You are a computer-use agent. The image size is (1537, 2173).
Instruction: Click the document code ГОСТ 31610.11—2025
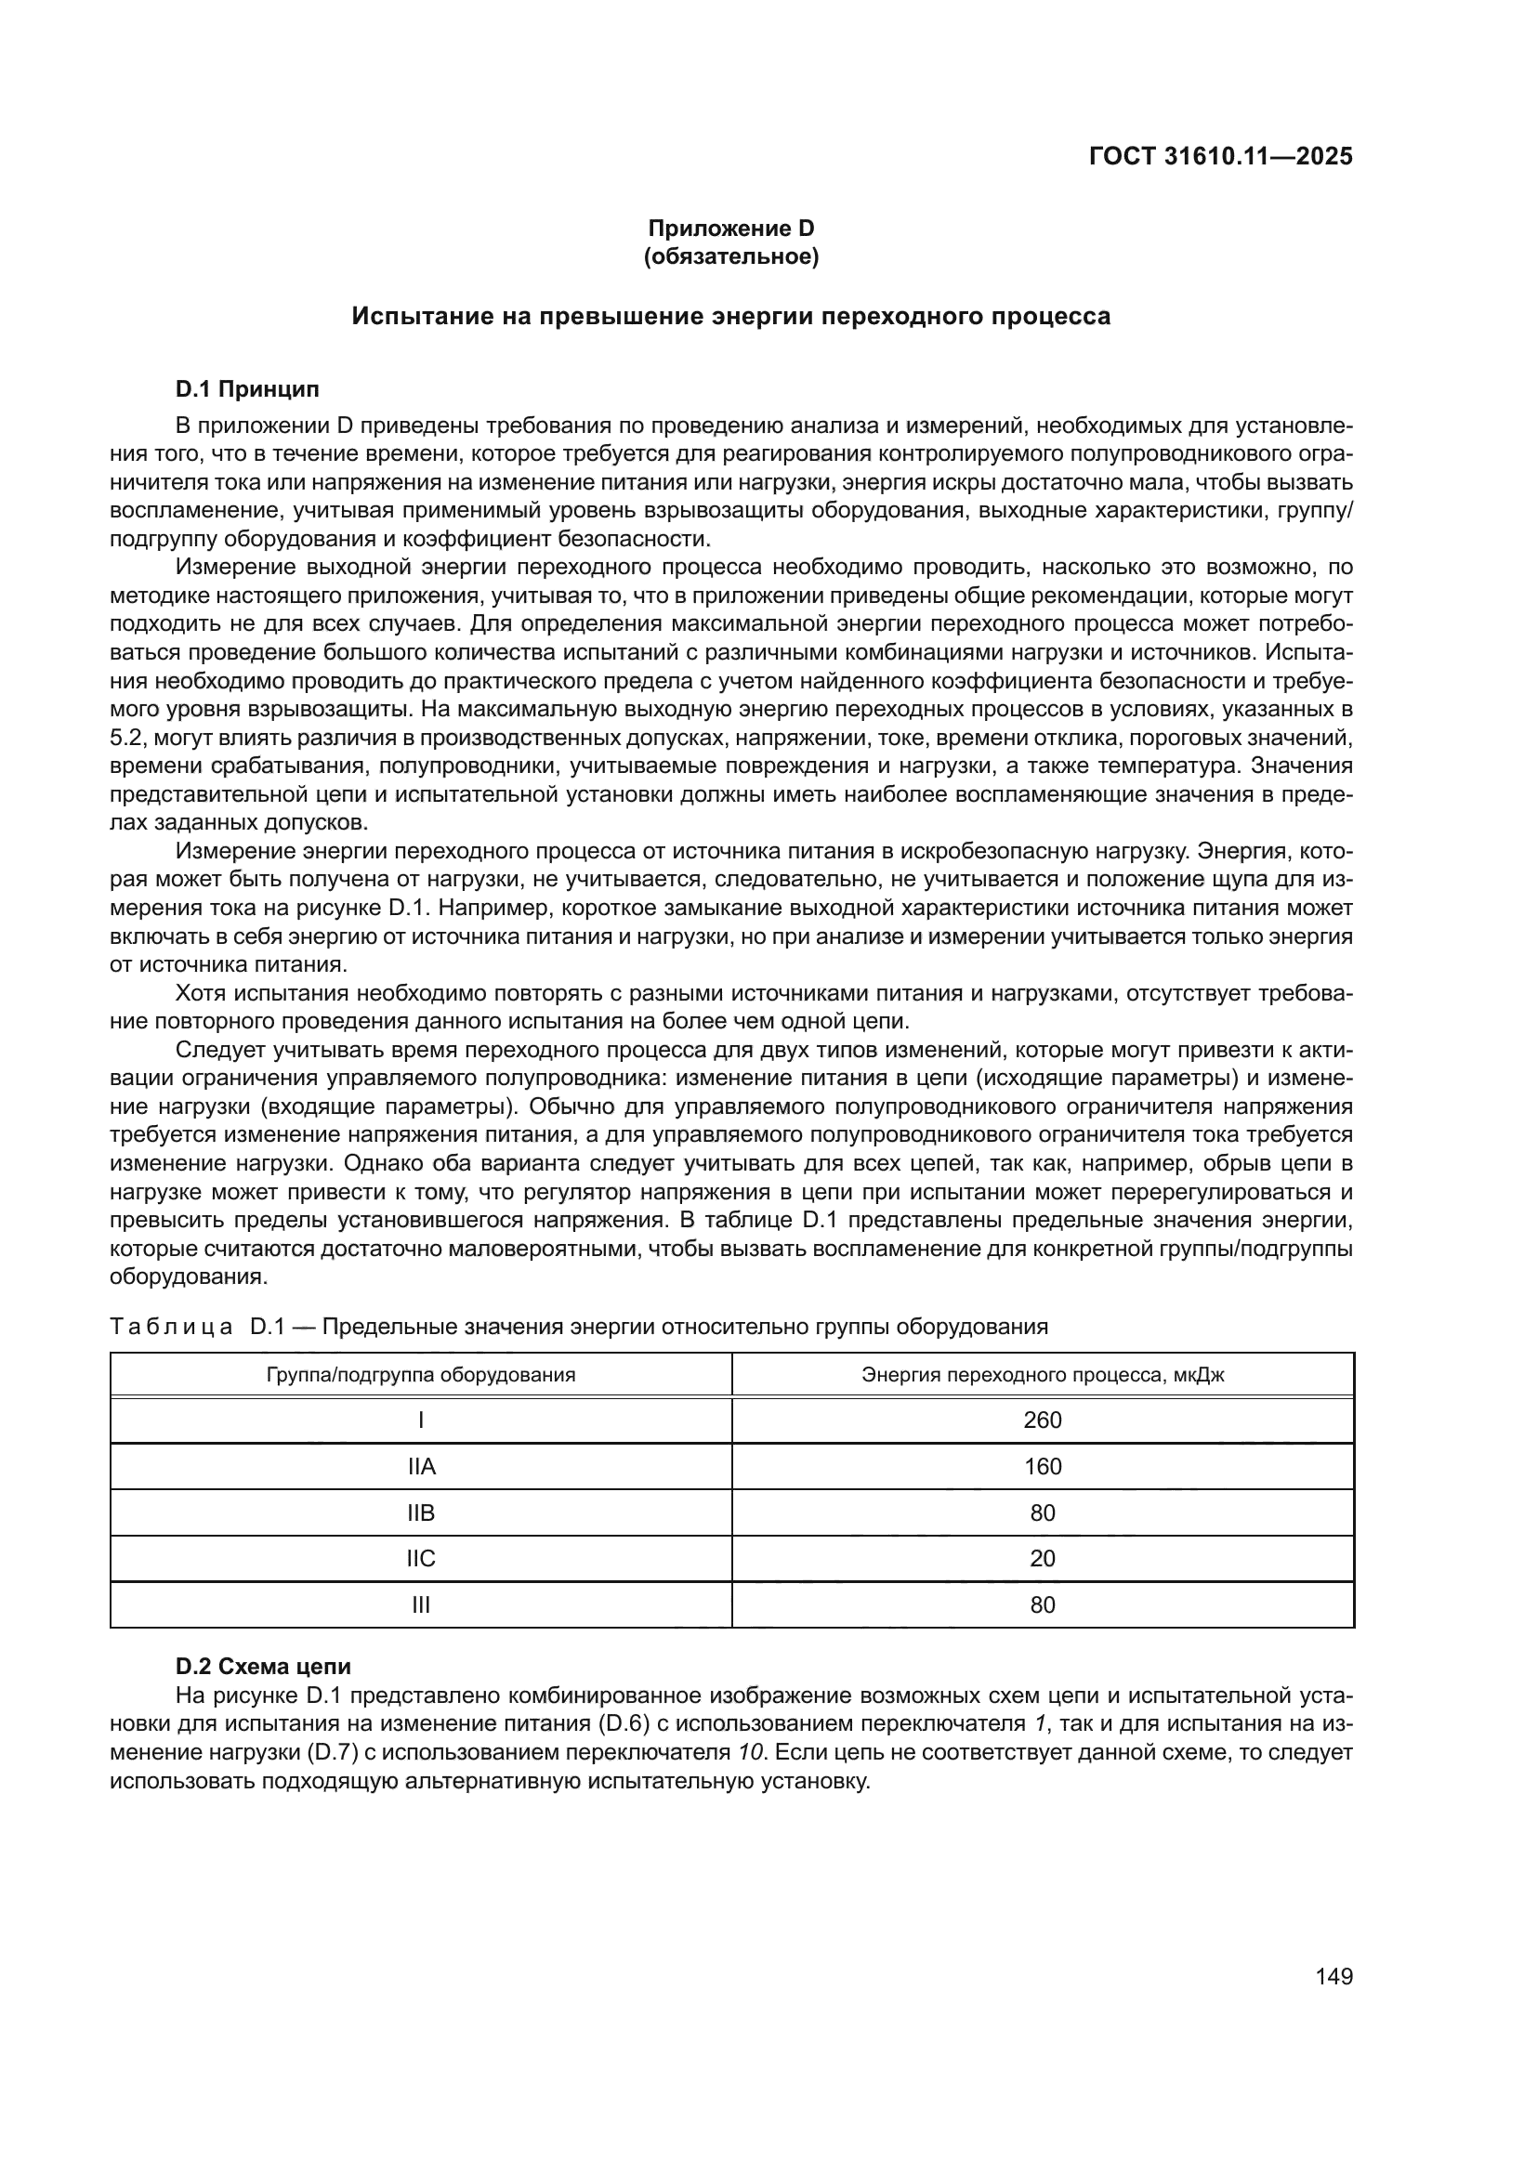(1220, 156)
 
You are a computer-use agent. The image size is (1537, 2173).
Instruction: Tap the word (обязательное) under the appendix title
(730, 256)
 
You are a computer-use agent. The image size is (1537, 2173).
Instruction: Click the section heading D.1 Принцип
(247, 389)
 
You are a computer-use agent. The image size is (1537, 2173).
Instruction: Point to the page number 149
(1333, 1976)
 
